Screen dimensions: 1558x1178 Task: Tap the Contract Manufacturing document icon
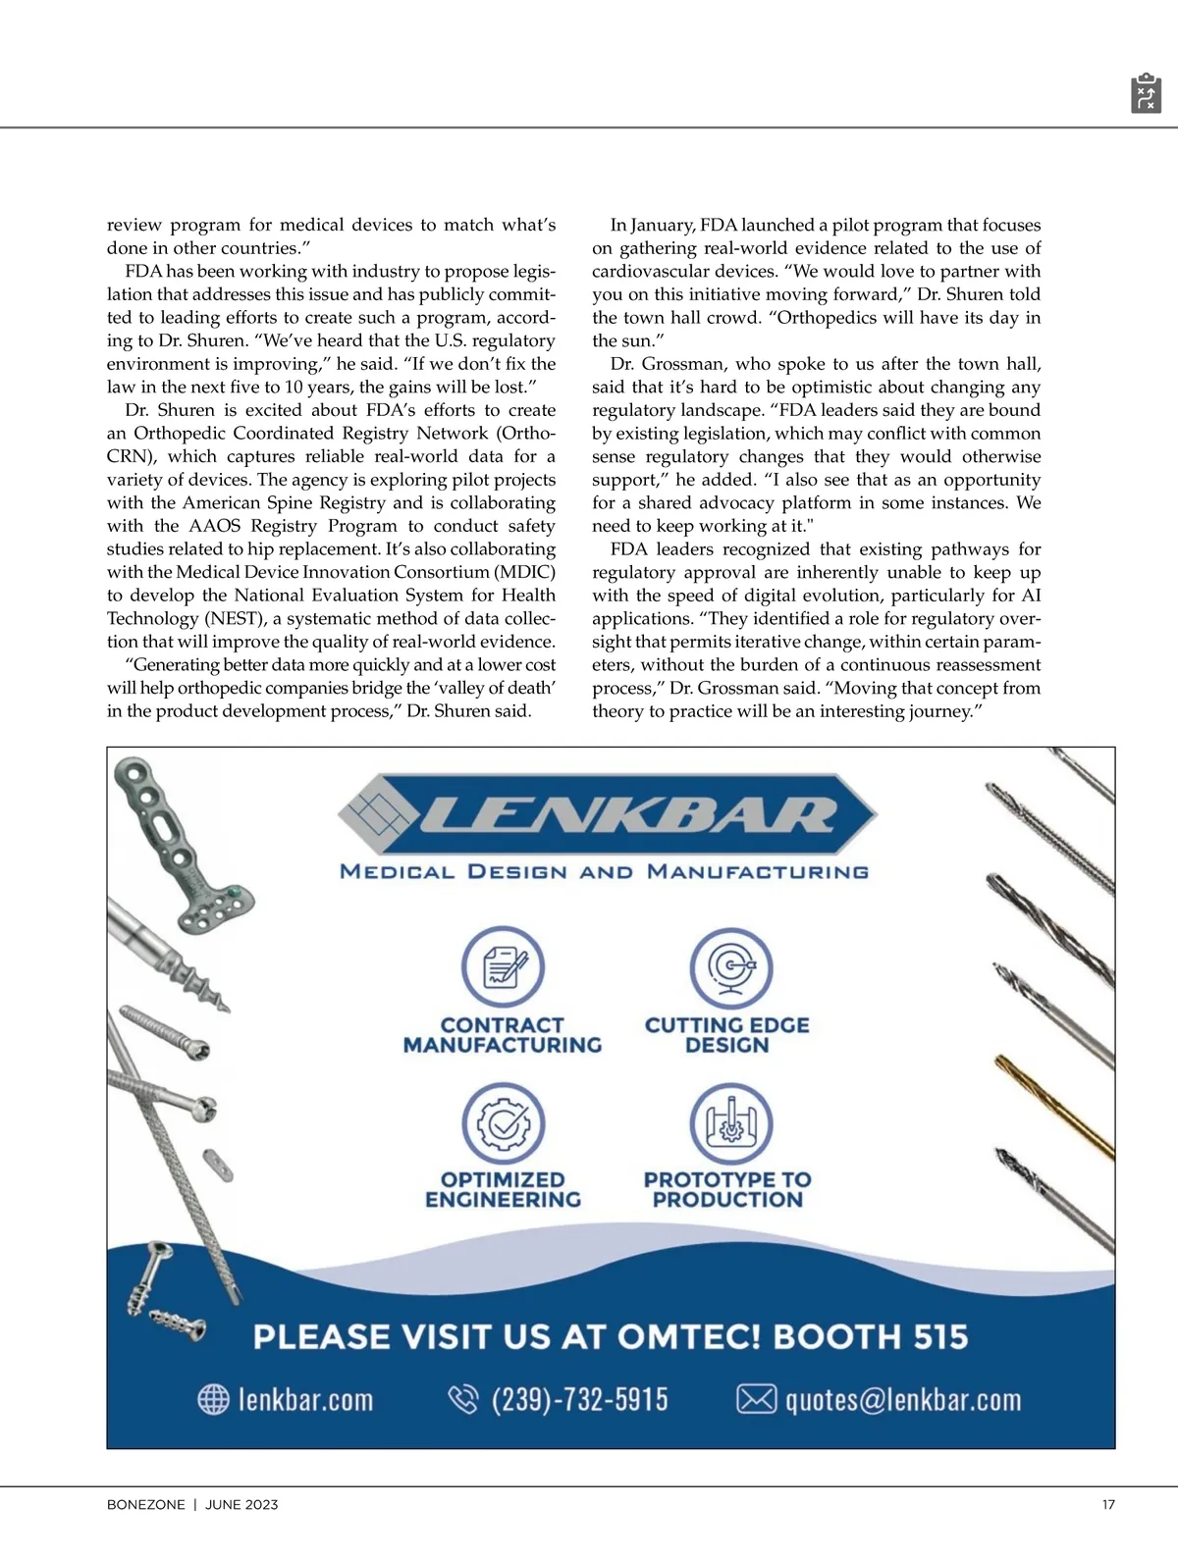[503, 966]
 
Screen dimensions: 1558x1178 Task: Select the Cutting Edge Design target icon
[730, 966]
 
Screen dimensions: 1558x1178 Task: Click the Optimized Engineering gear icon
[503, 1123]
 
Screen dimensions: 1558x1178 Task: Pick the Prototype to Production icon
[730, 1123]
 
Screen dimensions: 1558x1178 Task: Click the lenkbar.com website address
[305, 1399]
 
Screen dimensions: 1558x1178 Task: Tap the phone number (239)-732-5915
[579, 1399]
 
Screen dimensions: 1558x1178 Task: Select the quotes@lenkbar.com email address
[902, 1399]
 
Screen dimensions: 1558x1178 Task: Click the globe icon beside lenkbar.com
[214, 1399]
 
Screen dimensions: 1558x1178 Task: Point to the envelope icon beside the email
[756, 1399]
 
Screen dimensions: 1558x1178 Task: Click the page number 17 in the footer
[1108, 1504]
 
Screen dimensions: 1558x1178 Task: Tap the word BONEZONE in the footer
[145, 1504]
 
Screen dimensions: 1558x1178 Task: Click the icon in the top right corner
[1146, 93]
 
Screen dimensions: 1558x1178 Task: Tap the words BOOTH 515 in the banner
[871, 1336]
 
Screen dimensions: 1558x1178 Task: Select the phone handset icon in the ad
[462, 1399]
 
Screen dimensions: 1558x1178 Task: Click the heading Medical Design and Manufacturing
[604, 871]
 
